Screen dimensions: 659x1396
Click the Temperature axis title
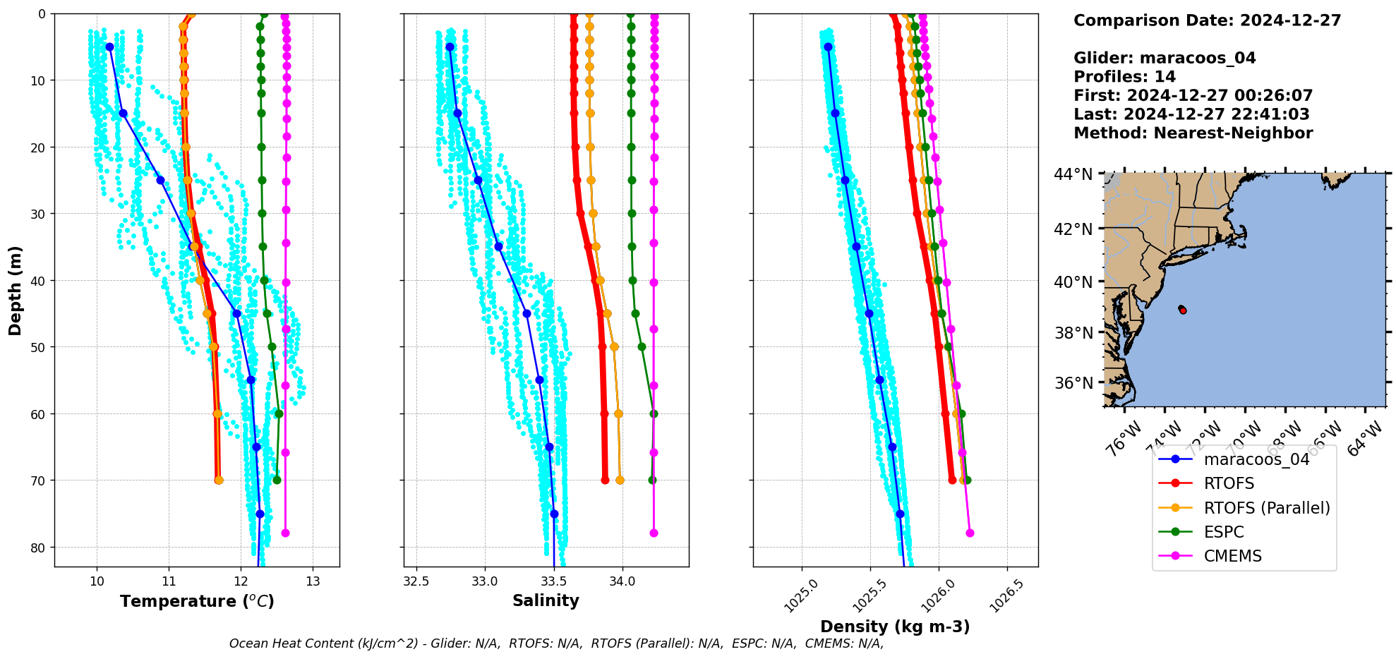[197, 601]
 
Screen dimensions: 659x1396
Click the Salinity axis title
[546, 601]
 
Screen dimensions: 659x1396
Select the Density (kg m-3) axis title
[894, 627]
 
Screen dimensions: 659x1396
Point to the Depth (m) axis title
[16, 290]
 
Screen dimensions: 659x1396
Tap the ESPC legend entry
[1224, 532]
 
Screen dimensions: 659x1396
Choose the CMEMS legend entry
[1232, 556]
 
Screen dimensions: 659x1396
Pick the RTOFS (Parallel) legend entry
[1266, 508]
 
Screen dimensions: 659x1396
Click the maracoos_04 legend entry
[1256, 459]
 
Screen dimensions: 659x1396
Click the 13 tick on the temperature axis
[313, 581]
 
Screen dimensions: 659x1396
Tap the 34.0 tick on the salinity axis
[622, 581]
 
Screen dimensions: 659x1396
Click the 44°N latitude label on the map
[1073, 174]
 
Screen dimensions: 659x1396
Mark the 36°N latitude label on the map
[1073, 383]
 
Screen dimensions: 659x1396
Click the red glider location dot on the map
[1182, 310]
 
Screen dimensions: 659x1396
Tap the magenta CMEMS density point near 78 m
[969, 533]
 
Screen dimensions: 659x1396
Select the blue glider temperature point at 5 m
[109, 47]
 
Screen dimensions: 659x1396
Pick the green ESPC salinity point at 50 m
[642, 346]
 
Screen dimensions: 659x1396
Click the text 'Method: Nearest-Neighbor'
[1193, 133]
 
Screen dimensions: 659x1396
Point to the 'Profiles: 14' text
[1124, 77]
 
